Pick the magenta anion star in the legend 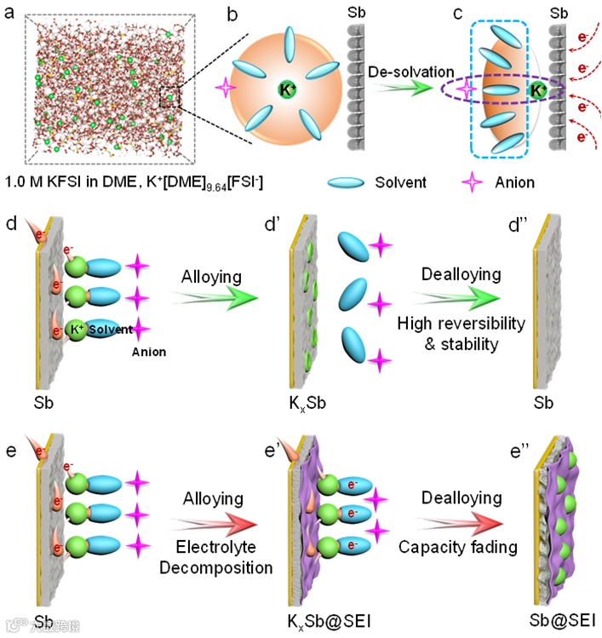pyautogui.click(x=472, y=181)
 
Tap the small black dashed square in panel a pyautogui.click(x=169, y=99)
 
